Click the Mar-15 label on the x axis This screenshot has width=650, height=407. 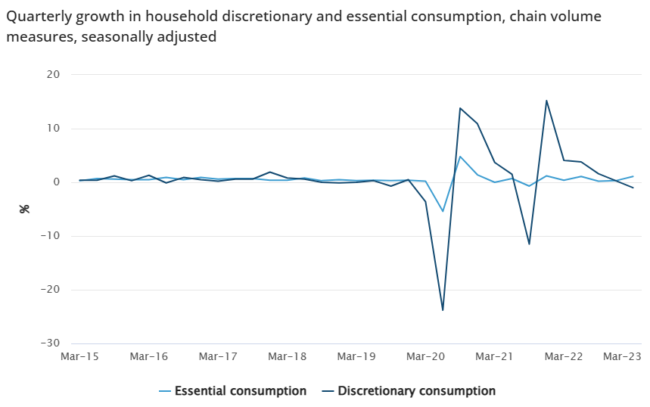tap(79, 356)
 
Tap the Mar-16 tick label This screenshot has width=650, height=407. tap(148, 356)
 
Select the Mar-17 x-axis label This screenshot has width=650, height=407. tap(218, 356)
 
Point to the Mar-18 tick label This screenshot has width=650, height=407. tap(288, 356)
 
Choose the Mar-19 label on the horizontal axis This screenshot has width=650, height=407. tap(356, 356)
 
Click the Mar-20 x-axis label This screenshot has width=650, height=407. tap(426, 356)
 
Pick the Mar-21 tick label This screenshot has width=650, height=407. tap(495, 356)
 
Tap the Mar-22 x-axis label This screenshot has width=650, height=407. tap(564, 356)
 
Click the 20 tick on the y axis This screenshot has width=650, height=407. tap(53, 74)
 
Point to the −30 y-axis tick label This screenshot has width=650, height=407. tap(49, 343)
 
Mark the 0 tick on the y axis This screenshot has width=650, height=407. tap(56, 182)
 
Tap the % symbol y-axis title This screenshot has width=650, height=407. tap(24, 208)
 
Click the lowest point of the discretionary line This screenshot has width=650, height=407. tap(443, 310)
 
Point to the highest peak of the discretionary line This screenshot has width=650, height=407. tap(546, 101)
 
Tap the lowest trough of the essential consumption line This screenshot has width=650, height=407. tap(443, 211)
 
